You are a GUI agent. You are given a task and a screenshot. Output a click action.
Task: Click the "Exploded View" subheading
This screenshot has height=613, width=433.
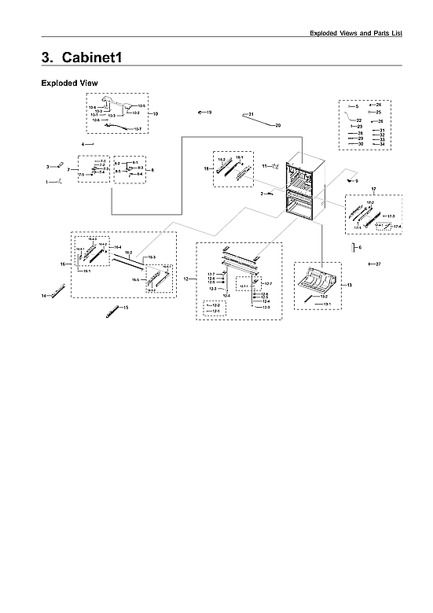coord(69,83)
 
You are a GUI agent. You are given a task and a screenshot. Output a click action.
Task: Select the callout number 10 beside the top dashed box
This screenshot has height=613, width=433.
coord(156,114)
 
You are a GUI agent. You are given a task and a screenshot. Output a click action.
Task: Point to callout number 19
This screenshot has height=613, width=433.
coord(209,113)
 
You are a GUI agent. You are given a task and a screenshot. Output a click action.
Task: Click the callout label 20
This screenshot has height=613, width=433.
coord(277,125)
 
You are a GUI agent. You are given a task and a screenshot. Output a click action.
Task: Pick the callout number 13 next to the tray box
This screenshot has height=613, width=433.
coord(349,283)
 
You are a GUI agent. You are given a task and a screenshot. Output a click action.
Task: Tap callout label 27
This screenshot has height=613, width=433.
coord(377,264)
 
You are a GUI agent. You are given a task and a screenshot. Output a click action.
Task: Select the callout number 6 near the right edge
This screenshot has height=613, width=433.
coord(360,247)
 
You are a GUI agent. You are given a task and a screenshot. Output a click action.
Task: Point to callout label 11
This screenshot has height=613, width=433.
coord(265,165)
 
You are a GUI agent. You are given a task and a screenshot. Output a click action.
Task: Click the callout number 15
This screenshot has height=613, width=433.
coord(125,308)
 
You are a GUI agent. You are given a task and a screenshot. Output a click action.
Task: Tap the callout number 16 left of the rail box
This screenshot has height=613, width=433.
coord(63,264)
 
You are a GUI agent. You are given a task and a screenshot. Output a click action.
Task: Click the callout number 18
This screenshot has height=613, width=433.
coord(207,168)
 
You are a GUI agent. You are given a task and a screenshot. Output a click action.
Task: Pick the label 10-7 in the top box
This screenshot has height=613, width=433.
coord(138,128)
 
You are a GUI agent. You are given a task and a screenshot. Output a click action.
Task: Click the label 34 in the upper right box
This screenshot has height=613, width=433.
coord(382,144)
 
